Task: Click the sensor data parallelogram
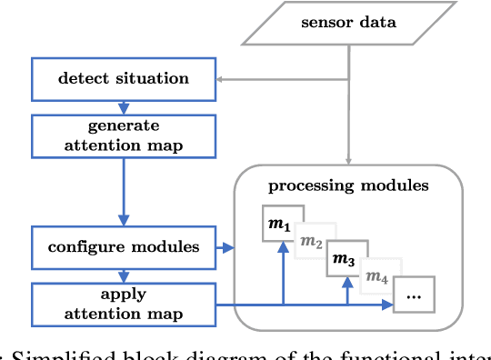coord(349,21)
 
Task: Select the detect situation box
coord(123,79)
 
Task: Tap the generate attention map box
coord(123,135)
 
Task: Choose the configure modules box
coord(123,246)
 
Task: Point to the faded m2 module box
coord(314,240)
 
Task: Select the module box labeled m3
coord(346,259)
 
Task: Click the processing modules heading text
coord(348,186)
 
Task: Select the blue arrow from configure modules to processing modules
coord(225,246)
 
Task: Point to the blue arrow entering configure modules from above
coord(123,218)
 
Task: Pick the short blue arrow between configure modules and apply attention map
coord(123,275)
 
